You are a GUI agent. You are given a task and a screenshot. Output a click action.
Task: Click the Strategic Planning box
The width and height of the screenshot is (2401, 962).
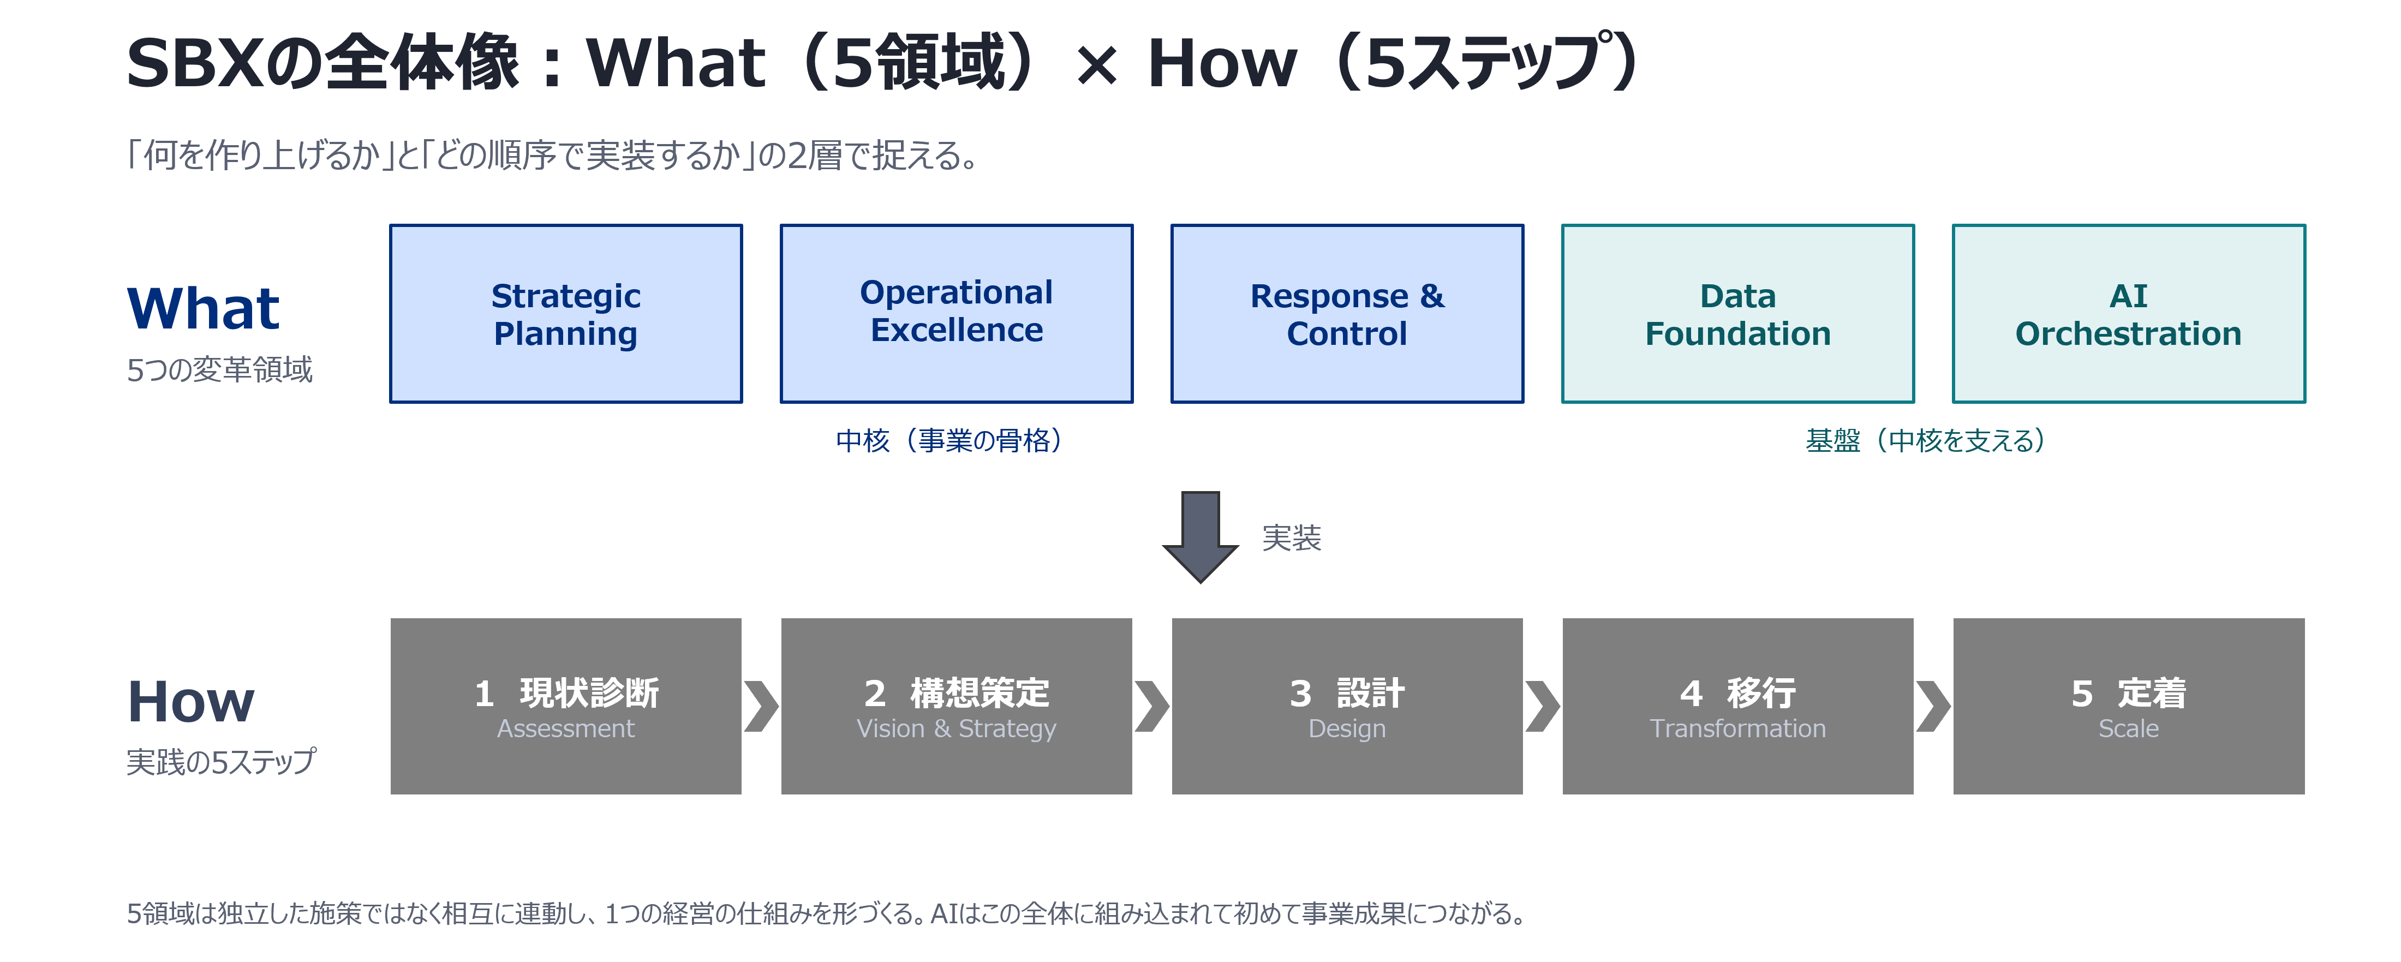[x=566, y=313]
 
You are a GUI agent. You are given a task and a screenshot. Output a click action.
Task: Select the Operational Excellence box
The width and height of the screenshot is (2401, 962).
[x=956, y=313]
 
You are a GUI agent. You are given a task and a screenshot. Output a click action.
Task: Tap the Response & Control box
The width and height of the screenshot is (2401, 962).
[x=1347, y=313]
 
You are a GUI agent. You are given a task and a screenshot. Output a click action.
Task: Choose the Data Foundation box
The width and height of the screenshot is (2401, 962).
[x=1737, y=313]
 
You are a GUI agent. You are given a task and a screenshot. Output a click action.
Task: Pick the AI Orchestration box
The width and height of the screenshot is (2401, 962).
[x=2128, y=313]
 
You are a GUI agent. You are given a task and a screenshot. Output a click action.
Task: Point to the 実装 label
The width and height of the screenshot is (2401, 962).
[x=1291, y=538]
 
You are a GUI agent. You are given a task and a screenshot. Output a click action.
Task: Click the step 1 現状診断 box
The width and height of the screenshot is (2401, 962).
[x=566, y=706]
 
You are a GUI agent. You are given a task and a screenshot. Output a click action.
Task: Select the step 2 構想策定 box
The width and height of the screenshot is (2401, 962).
[x=956, y=706]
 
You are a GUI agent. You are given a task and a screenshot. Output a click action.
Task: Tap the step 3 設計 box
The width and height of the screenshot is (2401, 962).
[x=1347, y=706]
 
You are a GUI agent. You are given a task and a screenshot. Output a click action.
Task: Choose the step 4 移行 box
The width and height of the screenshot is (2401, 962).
[x=1737, y=706]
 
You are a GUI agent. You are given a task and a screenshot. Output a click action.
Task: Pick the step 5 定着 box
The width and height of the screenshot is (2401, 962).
[x=2129, y=706]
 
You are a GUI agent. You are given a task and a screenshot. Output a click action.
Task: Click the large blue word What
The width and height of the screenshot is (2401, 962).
[x=203, y=308]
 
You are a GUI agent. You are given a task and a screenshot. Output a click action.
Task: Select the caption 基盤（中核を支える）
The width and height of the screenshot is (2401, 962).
[x=1926, y=440]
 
